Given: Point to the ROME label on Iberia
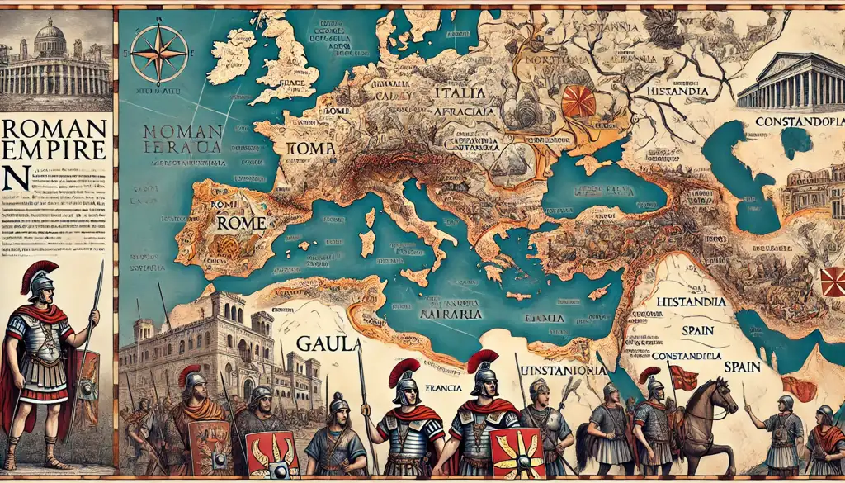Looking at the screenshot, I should click(242, 222).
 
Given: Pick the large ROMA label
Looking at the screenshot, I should click(312, 149).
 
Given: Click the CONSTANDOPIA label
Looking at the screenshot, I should click(798, 121).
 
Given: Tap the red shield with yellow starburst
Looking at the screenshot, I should click(517, 452).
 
